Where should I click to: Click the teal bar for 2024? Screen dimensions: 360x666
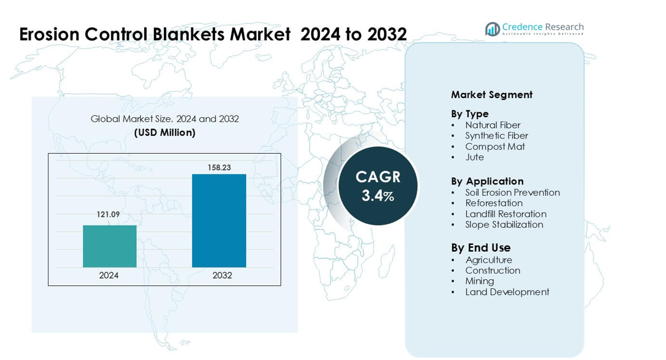coord(109,246)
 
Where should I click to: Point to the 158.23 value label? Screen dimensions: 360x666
coord(219,168)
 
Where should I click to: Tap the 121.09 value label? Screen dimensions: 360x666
coord(108,215)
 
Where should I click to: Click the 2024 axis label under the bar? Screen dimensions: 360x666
coord(109,275)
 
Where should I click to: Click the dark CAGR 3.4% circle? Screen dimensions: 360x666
coord(378,186)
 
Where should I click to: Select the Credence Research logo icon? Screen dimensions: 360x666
coord(493,29)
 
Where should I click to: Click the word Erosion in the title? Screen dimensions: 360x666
coord(50,34)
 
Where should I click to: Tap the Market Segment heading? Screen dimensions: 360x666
coord(492,95)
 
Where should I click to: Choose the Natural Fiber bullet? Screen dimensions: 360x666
coord(493,125)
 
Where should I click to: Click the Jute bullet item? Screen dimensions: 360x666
coord(475,157)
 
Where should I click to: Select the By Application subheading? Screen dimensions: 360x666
coord(487,181)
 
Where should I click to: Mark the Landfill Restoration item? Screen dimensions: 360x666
coord(506,214)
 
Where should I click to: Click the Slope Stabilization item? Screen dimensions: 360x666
coord(504,224)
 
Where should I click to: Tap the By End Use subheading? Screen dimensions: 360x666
coord(481,248)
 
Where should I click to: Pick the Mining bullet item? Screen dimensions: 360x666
coord(479,281)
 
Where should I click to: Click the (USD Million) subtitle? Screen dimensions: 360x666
coord(164,133)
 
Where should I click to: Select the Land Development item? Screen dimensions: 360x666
coord(507,292)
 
